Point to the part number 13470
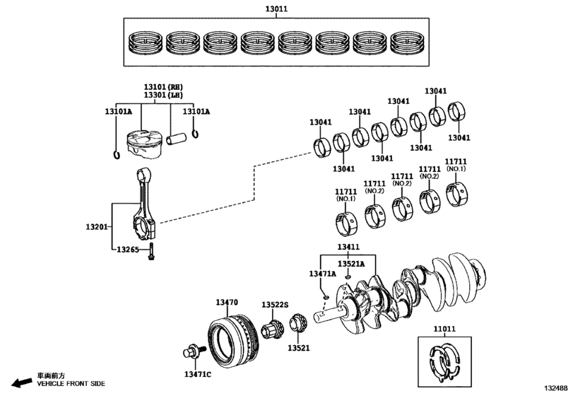(226, 302)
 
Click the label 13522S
(275, 305)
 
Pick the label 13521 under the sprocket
(298, 348)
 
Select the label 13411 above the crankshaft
(348, 247)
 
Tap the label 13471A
(322, 273)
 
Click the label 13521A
(350, 264)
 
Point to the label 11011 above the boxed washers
(445, 329)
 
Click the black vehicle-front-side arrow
(23, 383)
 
